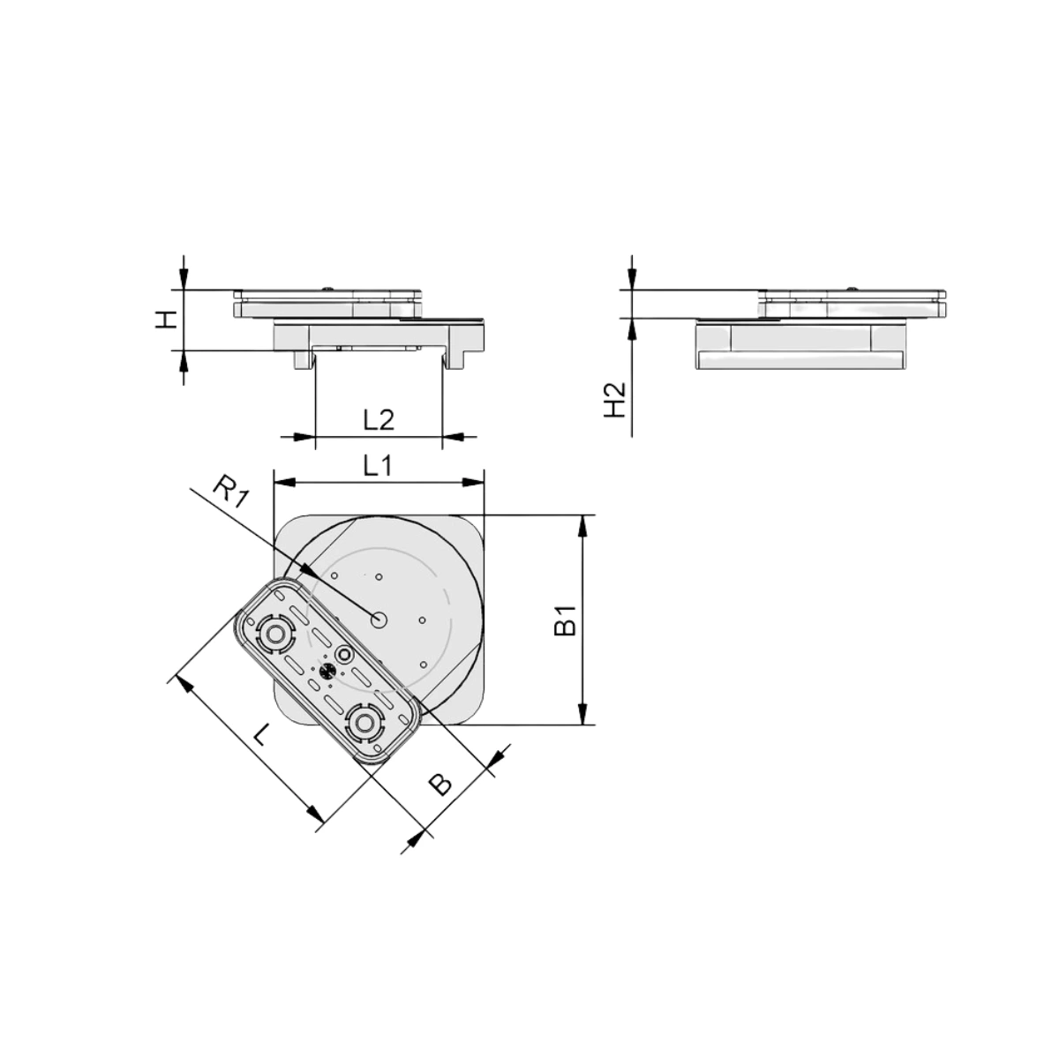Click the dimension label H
165,319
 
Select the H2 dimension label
615,400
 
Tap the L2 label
379,421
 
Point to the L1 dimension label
378,467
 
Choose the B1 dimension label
565,620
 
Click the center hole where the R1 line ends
379,620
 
